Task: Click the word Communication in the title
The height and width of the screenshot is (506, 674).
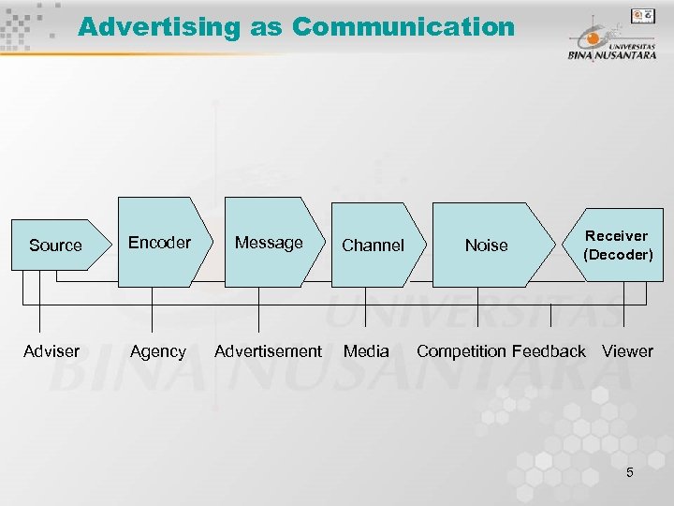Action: click(403, 26)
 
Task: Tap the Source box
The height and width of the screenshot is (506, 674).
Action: click(56, 246)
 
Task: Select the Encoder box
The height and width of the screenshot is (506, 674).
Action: click(159, 243)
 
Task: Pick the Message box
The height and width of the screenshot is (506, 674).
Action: click(269, 243)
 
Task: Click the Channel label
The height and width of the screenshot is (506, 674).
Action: click(373, 246)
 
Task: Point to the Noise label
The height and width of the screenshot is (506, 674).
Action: click(486, 246)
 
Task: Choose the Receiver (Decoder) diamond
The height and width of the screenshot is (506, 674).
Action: click(617, 246)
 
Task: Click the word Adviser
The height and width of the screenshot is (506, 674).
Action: click(51, 351)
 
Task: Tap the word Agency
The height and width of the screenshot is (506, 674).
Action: click(157, 351)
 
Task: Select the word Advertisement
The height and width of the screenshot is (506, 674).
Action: click(268, 351)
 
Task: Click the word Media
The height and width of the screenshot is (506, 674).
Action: click(366, 351)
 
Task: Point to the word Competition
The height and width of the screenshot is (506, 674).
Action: click(461, 351)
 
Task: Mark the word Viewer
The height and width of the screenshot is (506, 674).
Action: click(627, 351)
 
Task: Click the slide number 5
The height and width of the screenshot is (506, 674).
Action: click(629, 472)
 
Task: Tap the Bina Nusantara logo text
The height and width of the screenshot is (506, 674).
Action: click(610, 53)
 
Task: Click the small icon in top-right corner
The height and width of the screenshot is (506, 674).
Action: click(643, 15)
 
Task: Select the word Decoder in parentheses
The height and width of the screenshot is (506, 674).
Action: click(618, 255)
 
